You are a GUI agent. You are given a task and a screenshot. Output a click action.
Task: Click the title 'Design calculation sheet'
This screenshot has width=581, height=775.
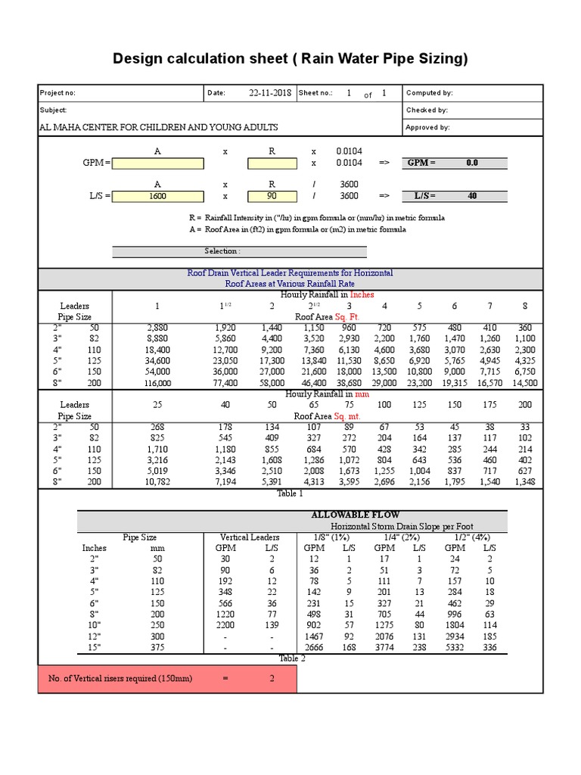(x=290, y=59)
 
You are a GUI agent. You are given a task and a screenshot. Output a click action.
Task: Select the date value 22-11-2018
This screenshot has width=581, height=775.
(x=270, y=93)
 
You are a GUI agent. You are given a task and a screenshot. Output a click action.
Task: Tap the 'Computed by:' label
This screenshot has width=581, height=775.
(x=429, y=93)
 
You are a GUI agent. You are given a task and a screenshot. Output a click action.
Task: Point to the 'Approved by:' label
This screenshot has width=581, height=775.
(x=427, y=128)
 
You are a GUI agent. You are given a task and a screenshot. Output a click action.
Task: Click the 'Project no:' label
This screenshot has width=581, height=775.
(x=57, y=93)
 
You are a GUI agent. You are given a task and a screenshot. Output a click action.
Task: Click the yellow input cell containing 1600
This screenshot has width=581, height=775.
(x=157, y=196)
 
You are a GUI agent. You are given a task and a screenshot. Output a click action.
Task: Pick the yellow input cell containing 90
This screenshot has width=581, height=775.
(x=272, y=196)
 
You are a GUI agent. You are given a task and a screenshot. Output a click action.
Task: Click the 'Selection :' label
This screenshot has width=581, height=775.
(x=222, y=251)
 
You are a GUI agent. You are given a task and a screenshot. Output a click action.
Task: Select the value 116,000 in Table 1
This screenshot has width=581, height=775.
(x=157, y=384)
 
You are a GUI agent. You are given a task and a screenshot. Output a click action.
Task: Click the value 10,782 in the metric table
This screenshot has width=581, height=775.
(x=157, y=482)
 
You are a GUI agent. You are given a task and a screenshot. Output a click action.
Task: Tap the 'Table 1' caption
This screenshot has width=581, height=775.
(x=290, y=493)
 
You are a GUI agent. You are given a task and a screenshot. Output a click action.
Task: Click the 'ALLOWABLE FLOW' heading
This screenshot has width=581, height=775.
(x=345, y=515)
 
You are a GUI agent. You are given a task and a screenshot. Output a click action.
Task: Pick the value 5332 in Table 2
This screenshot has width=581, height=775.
(x=455, y=647)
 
